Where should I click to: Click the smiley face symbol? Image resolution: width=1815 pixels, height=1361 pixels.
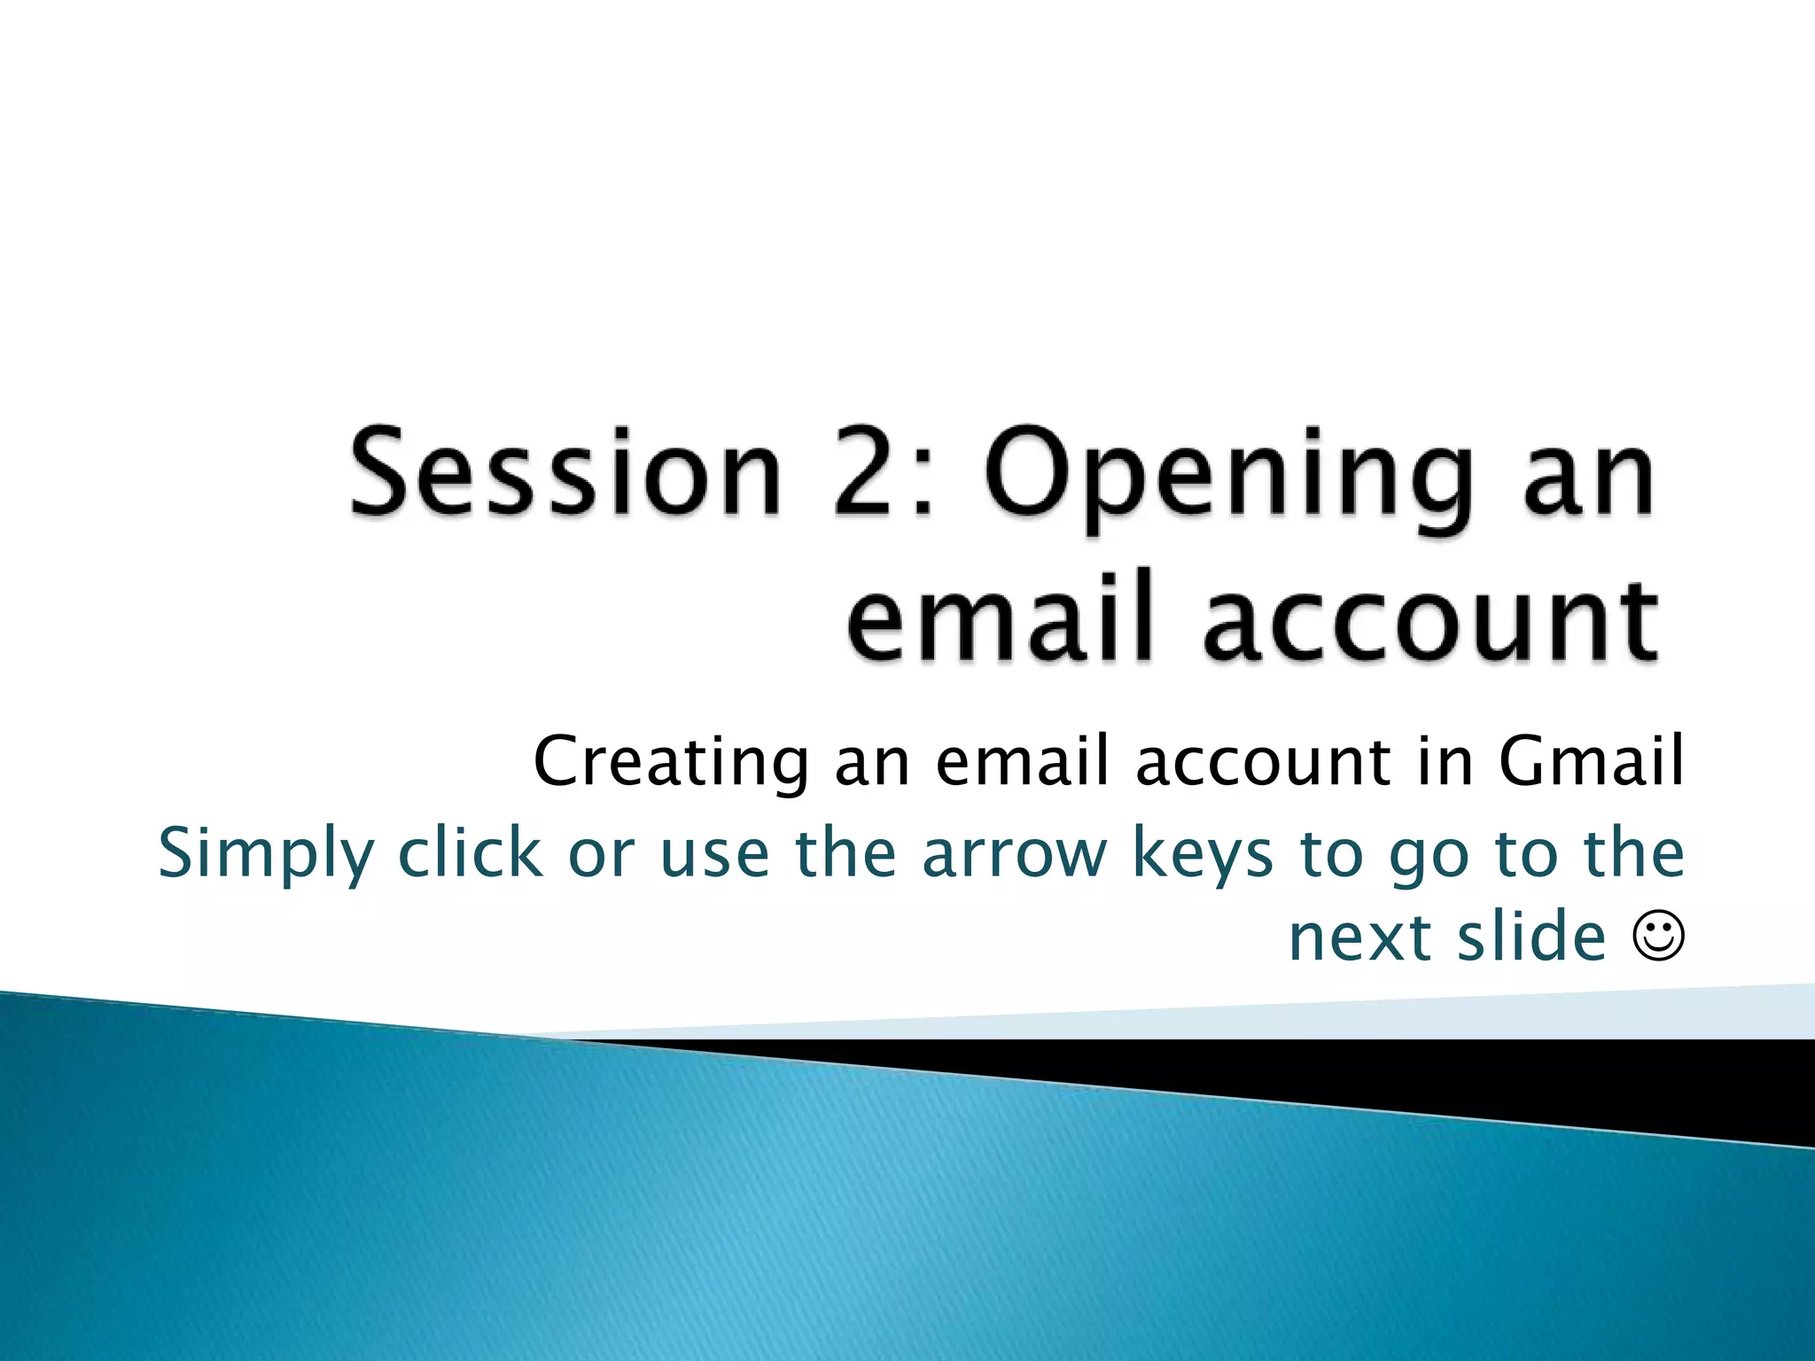click(1657, 937)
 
